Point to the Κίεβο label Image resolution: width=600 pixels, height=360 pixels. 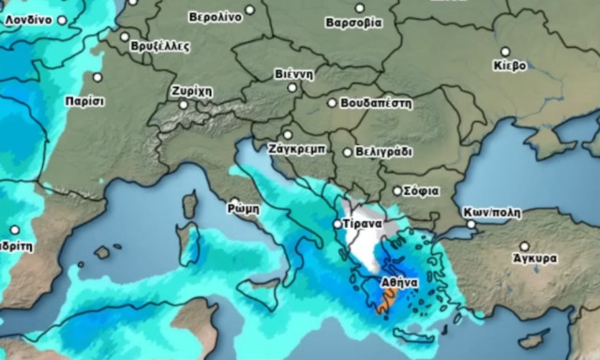[509, 66]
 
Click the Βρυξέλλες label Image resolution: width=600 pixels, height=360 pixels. [159, 45]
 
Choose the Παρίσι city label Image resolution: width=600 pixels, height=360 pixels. [84, 100]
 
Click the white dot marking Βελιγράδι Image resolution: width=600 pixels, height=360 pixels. [348, 152]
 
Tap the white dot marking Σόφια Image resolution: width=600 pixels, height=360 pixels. [397, 191]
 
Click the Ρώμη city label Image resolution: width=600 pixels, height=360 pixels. [243, 208]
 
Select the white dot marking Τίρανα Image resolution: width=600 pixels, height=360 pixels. [338, 225]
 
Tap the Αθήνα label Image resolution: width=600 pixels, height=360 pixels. [397, 281]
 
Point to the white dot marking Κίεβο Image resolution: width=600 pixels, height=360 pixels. [505, 52]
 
